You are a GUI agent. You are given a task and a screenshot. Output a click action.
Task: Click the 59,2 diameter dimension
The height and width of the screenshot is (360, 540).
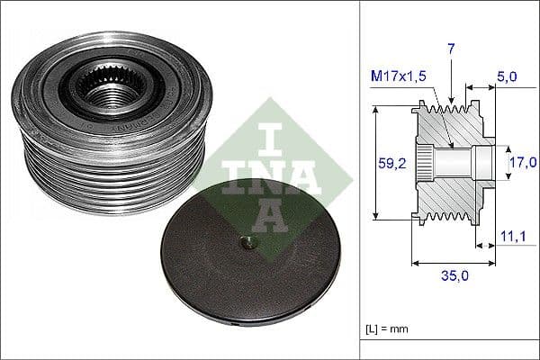pyautogui.click(x=391, y=163)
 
